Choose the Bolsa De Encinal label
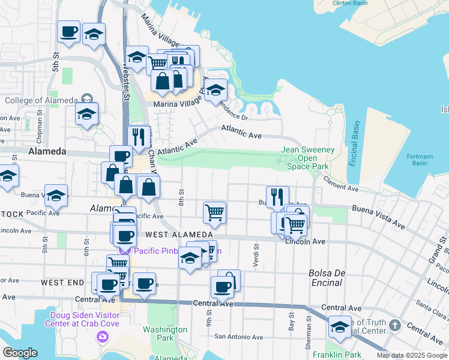(327, 277)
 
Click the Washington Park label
(165, 334)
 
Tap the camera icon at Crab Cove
(103, 337)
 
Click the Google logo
(20, 353)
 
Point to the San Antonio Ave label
(239, 337)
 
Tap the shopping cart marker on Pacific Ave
(214, 212)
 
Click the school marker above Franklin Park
(340, 327)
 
